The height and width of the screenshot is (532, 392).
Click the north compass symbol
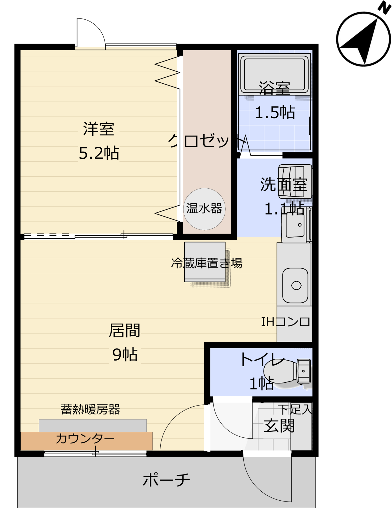click(363, 39)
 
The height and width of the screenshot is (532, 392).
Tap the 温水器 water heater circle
click(204, 209)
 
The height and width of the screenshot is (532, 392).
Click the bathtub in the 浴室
click(274, 74)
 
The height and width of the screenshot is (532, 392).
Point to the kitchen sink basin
click(295, 285)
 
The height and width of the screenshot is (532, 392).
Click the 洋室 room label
click(99, 129)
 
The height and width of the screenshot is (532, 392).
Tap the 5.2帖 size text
click(99, 153)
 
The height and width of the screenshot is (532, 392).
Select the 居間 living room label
click(124, 330)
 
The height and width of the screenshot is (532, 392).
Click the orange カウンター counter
click(87, 441)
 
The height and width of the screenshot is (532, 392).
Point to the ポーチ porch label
click(166, 480)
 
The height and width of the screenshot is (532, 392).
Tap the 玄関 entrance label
click(279, 426)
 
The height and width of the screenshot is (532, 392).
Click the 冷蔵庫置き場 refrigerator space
click(205, 262)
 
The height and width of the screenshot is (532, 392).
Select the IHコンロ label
click(286, 322)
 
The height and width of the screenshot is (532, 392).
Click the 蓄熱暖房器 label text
click(90, 409)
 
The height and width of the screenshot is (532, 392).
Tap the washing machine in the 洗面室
click(295, 182)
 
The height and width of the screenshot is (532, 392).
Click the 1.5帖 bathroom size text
click(275, 112)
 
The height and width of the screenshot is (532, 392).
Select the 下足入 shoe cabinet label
click(295, 409)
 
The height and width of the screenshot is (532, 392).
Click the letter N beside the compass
click(384, 7)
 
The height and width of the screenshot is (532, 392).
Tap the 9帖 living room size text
click(125, 354)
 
